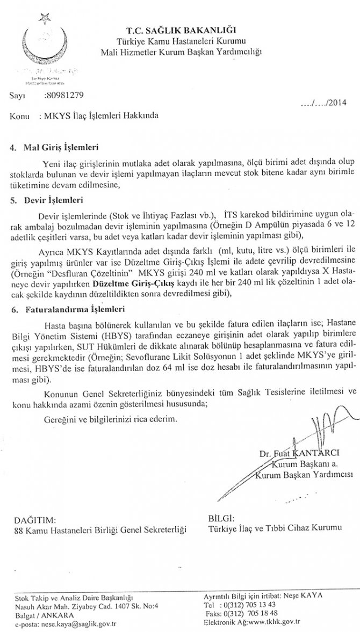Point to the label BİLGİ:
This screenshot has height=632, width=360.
tap(221, 519)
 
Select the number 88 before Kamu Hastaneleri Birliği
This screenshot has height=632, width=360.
tap(21, 530)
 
